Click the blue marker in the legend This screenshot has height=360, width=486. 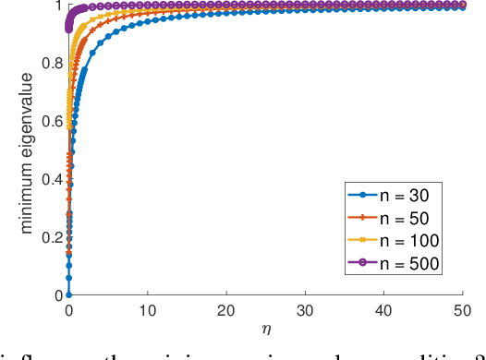pos(363,197)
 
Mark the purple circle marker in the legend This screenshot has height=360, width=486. pos(363,263)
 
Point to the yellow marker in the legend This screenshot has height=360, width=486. pos(363,241)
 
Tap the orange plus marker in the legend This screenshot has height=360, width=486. pos(363,219)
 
